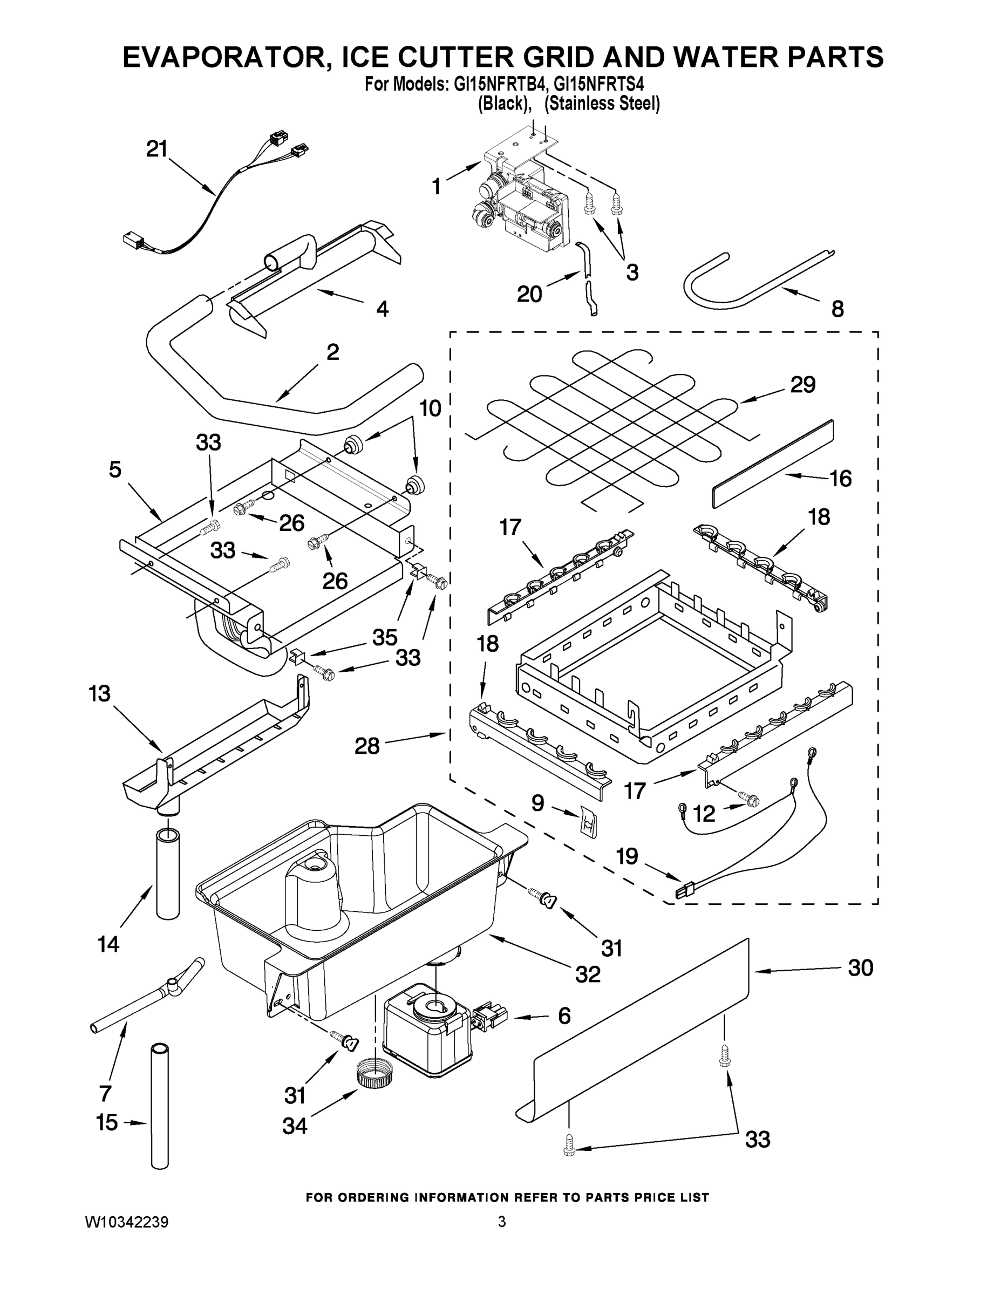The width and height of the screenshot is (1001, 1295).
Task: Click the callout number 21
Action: click(x=157, y=149)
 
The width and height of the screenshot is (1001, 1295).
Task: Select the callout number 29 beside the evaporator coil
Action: click(x=802, y=385)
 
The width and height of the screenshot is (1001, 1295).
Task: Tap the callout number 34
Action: click(x=295, y=1126)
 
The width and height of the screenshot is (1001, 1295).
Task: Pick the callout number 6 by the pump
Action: click(x=564, y=1015)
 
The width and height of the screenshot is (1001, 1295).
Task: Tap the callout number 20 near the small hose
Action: click(x=529, y=294)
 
